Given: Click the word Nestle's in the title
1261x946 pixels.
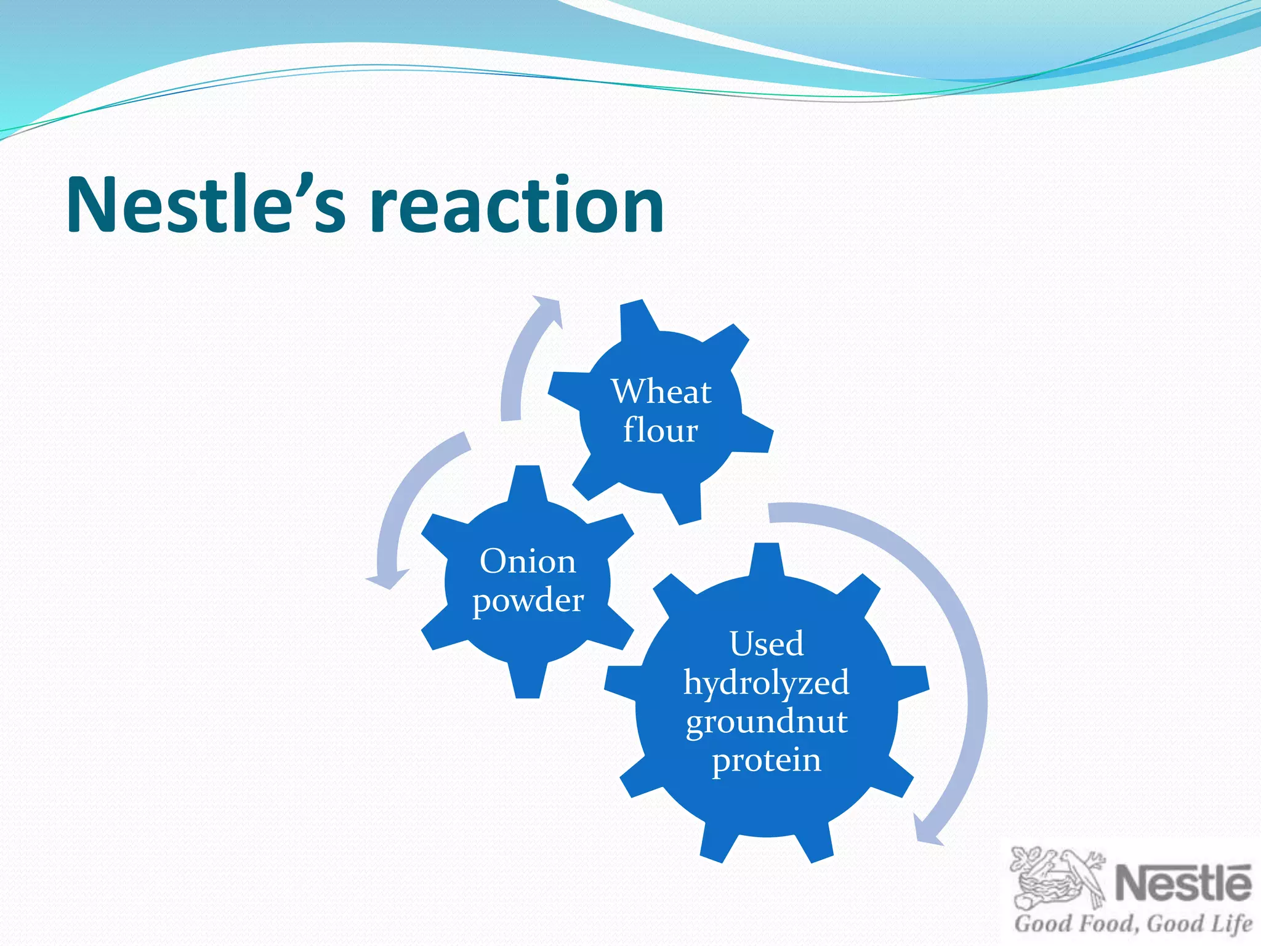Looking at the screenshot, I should (x=206, y=205).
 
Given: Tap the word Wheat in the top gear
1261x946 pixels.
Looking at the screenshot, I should (x=661, y=392).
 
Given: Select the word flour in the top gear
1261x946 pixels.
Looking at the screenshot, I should (x=660, y=430).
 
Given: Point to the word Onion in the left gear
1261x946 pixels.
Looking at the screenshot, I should (x=528, y=562).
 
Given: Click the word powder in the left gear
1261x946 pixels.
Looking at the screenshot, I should (x=528, y=600).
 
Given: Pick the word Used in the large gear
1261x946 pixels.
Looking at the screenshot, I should (x=767, y=644).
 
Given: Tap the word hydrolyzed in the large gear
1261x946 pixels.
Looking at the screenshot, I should (x=767, y=683).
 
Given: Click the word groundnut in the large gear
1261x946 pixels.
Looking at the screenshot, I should (x=767, y=721).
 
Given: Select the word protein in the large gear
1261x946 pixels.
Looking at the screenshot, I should (x=767, y=760).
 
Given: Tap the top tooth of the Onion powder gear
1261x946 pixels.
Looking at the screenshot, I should (x=527, y=483).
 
